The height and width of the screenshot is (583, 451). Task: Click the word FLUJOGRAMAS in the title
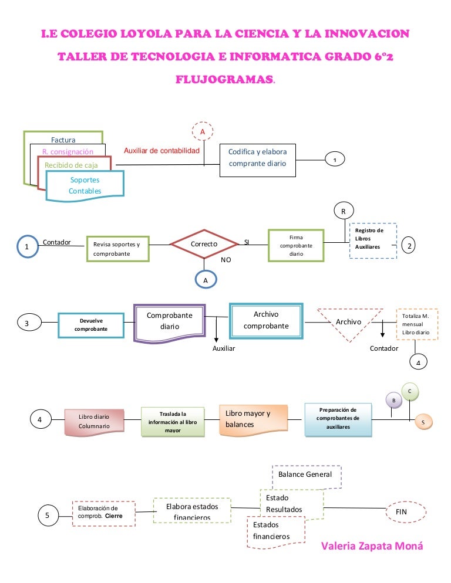point(224,79)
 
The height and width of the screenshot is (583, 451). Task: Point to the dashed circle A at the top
point(203,132)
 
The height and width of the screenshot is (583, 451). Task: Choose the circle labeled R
point(343,211)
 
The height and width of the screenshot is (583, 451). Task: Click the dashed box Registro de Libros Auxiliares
point(373,240)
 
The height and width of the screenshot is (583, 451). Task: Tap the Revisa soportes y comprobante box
point(117,249)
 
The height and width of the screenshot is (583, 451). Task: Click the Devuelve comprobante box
point(91,325)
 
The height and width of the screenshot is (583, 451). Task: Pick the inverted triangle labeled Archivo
point(348,321)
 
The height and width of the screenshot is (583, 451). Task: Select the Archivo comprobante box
point(266,320)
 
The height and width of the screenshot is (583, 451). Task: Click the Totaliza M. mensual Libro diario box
point(417,324)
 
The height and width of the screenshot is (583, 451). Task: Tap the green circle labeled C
point(410,391)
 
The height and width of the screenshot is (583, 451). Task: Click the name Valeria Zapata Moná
point(372,546)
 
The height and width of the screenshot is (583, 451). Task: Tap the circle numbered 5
point(48,516)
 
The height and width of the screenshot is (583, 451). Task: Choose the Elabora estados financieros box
point(191,510)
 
